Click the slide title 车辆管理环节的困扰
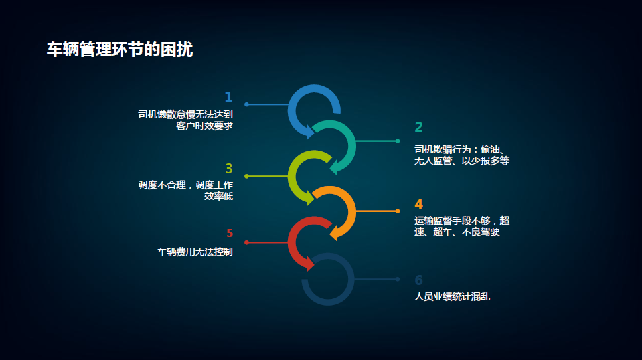(120, 50)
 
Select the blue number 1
(228, 97)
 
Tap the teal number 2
(418, 127)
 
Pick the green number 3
(229, 168)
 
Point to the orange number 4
(418, 204)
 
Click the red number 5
(230, 233)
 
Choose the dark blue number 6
(418, 280)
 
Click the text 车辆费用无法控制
(195, 252)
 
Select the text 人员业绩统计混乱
(452, 296)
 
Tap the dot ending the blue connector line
(246, 104)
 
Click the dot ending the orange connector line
(398, 211)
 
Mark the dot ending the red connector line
(246, 242)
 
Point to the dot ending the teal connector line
(398, 141)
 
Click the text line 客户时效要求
(204, 126)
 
